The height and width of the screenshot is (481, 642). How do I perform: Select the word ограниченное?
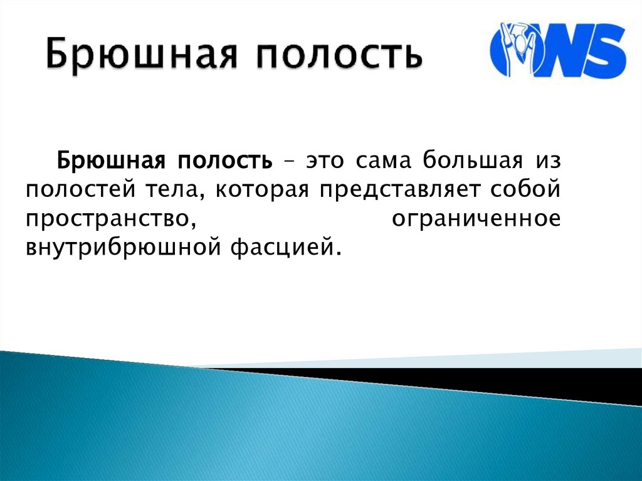475,219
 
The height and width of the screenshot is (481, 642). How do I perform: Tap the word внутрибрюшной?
120,248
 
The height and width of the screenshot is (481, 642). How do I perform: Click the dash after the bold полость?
290,162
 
